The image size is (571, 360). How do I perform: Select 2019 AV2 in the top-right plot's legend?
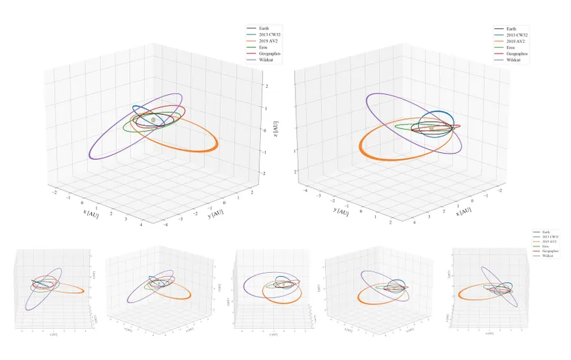click(516, 40)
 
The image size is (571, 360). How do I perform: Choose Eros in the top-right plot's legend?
click(511, 47)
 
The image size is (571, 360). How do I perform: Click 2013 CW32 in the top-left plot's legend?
click(272, 35)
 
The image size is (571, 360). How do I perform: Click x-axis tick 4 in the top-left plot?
click(141, 224)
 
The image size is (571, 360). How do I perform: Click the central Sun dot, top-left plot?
click(154, 120)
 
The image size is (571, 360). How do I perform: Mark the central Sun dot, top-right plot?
click(431, 127)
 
